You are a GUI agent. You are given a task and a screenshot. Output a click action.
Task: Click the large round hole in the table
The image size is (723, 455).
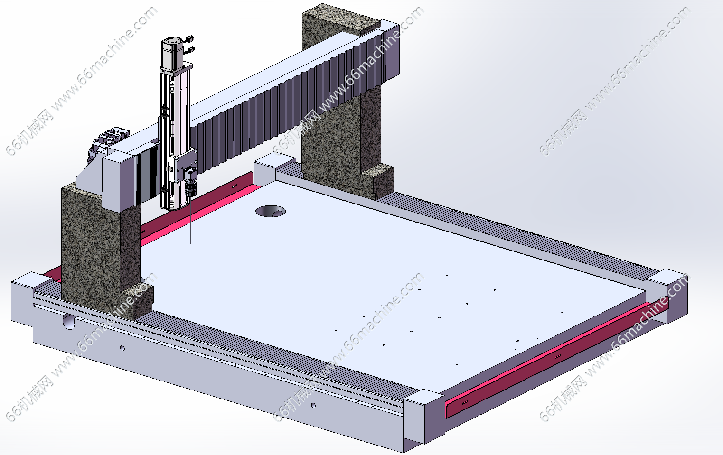coord(271,211)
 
